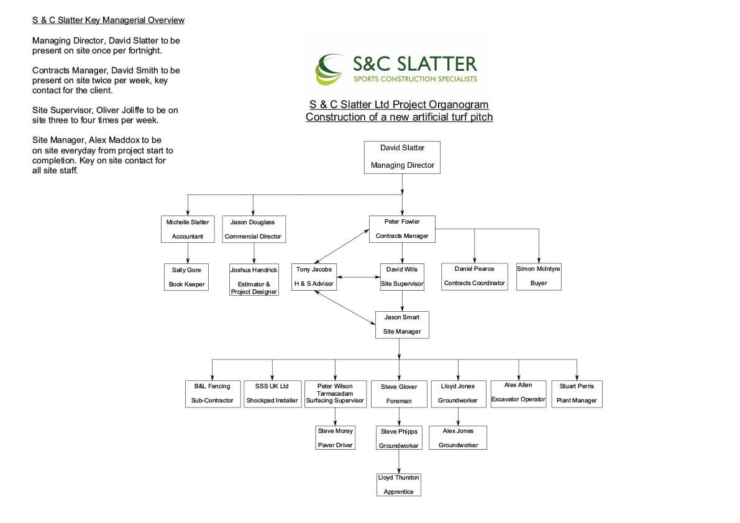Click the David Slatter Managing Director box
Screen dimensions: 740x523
[x=402, y=158]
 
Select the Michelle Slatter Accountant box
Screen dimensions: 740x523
[x=188, y=229]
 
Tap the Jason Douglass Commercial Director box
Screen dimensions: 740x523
[x=254, y=229]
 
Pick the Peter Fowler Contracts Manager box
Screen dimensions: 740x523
[x=402, y=229]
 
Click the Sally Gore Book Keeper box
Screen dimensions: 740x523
[x=186, y=277]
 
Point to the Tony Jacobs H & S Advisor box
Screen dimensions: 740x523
[x=314, y=277]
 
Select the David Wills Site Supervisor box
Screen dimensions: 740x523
[x=402, y=277]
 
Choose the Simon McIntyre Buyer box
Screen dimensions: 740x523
[x=539, y=276]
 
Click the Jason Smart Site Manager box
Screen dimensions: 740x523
[x=402, y=324]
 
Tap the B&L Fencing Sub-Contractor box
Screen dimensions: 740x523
[x=212, y=394]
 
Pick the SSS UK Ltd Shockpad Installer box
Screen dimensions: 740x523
[x=272, y=394]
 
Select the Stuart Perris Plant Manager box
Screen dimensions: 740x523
[x=577, y=394]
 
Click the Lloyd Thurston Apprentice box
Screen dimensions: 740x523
[x=399, y=485]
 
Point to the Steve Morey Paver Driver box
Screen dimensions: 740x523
[x=335, y=438]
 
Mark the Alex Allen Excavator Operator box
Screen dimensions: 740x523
[x=518, y=394]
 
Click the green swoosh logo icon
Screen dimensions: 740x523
[x=329, y=69]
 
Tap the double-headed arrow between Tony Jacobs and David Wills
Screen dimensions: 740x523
[x=359, y=277]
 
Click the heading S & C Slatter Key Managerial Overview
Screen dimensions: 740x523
[x=108, y=20]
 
